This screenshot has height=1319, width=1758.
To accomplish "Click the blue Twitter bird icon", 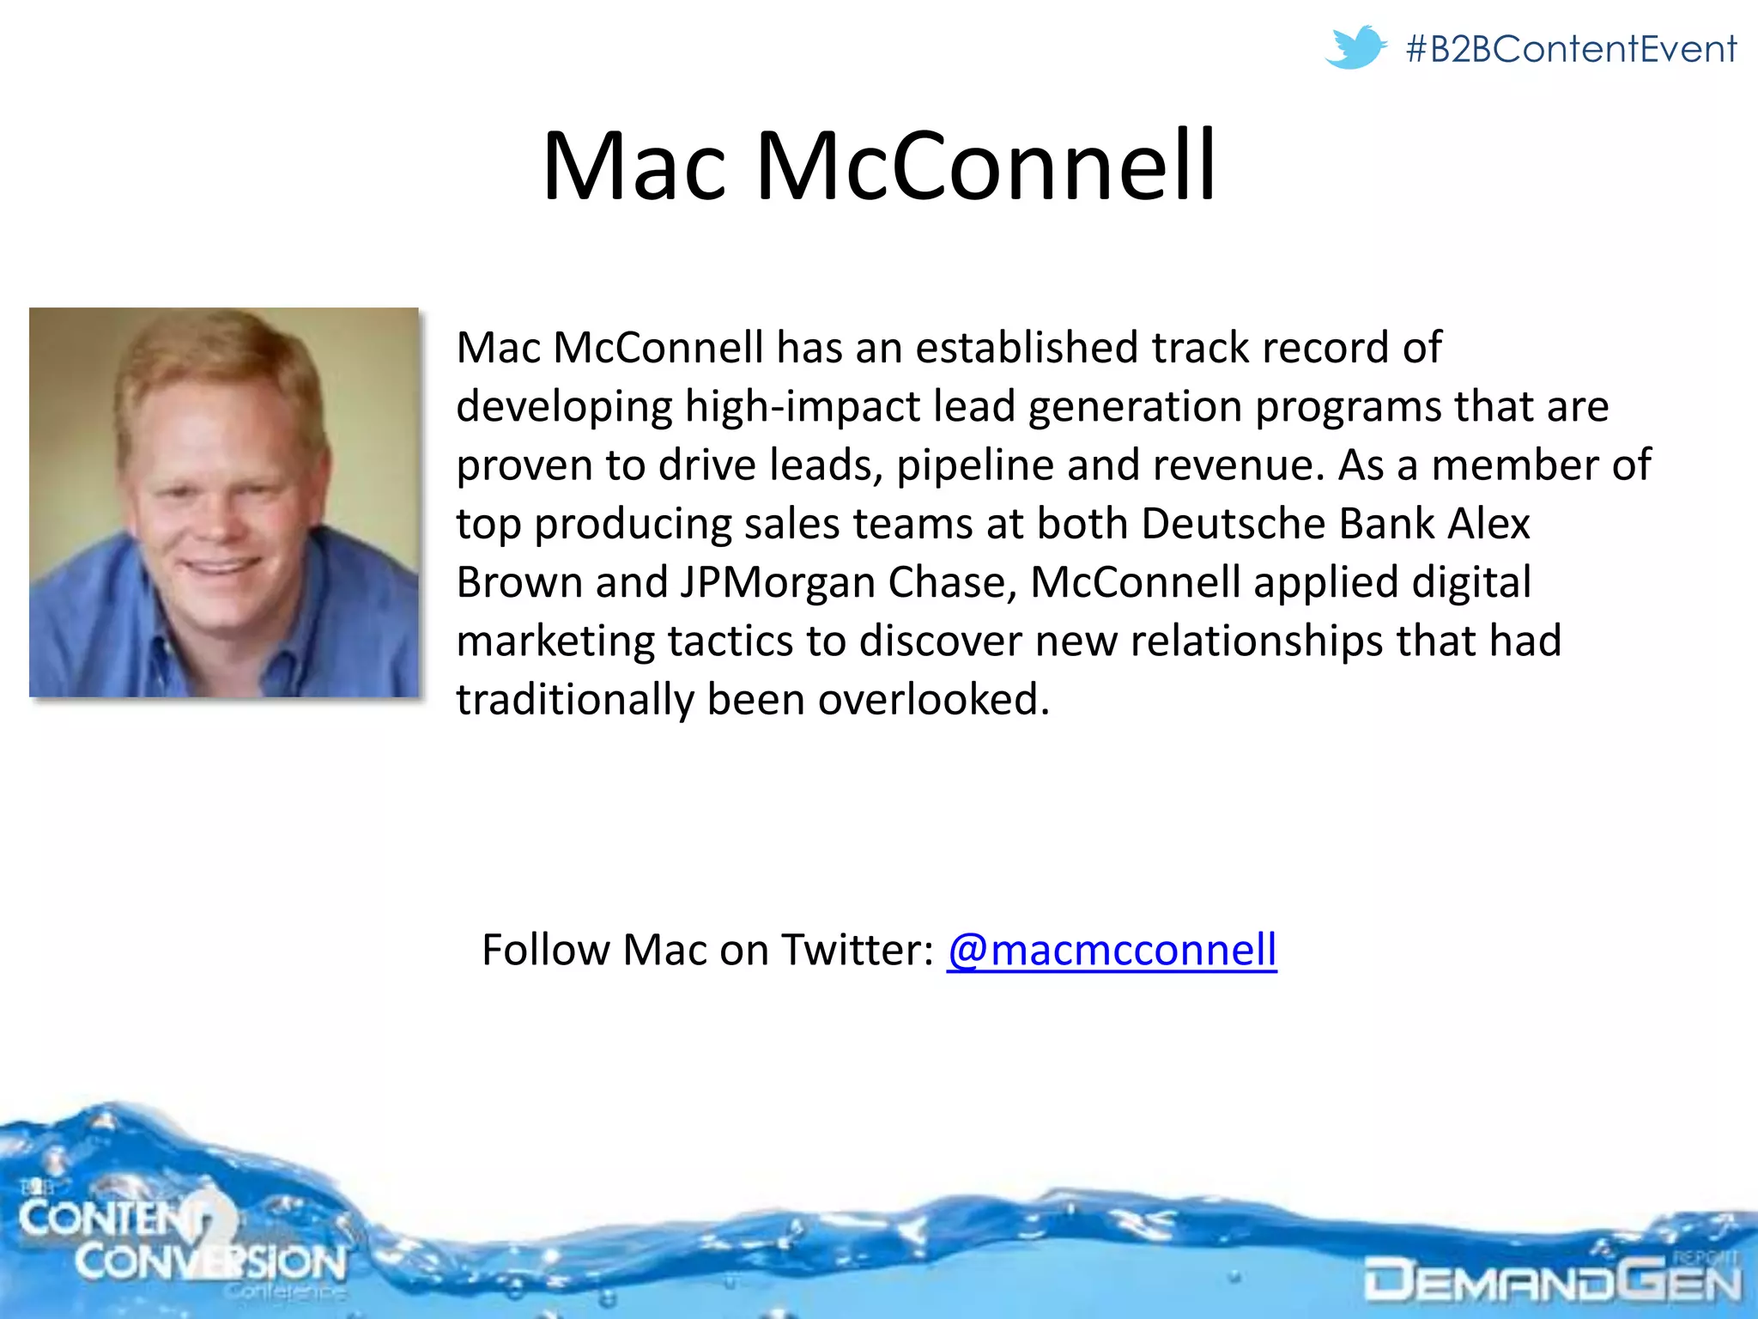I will tap(1355, 47).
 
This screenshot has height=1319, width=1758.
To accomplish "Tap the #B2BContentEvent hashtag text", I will tap(1571, 49).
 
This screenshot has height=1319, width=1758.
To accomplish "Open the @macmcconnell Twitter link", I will tap(1112, 950).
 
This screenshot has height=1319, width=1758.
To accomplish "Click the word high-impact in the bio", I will tap(803, 406).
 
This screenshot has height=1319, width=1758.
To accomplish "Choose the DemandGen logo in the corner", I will tap(1552, 1278).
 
